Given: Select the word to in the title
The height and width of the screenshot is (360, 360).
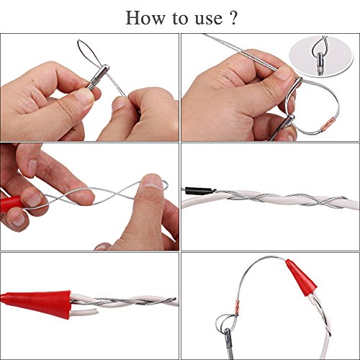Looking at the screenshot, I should (181, 18).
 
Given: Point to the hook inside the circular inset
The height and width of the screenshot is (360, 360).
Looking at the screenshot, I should (318, 56).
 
